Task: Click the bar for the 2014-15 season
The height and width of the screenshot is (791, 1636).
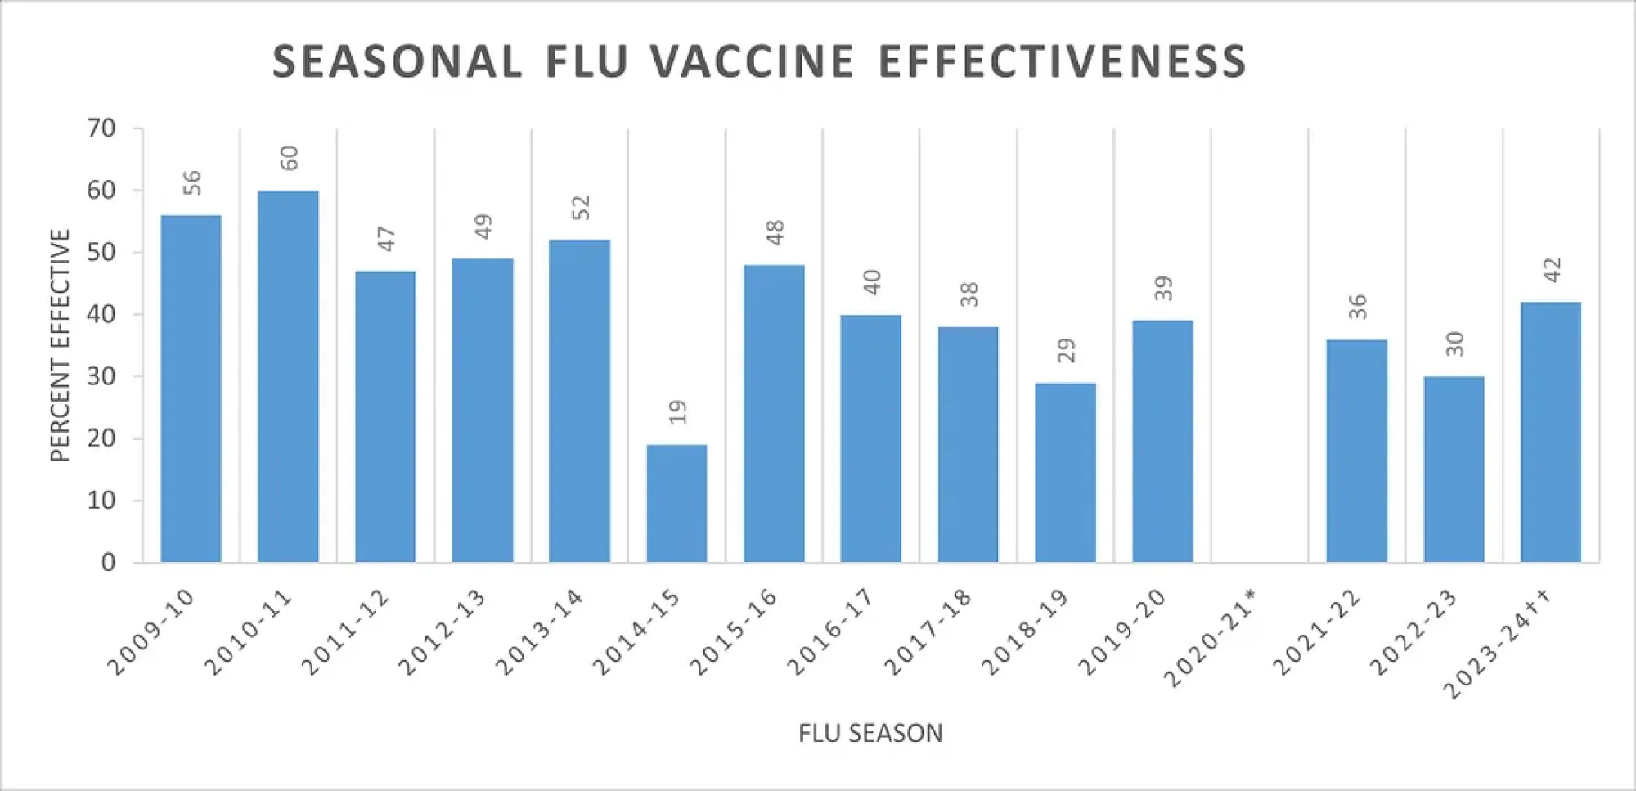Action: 676,503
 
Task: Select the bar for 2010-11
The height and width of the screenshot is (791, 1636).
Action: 288,376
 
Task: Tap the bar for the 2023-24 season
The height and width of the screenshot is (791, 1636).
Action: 1551,432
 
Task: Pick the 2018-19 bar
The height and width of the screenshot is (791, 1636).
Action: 1065,472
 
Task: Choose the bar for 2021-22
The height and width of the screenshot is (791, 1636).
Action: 1356,451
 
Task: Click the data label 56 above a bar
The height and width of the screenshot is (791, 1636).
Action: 191,182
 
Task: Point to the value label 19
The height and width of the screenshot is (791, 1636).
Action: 677,412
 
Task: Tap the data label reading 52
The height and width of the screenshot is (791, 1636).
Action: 580,208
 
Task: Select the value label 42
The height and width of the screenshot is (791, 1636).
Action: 1552,270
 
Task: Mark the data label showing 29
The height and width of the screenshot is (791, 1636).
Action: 1066,351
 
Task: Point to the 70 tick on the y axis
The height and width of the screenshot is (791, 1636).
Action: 101,128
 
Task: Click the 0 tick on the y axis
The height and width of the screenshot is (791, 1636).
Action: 108,563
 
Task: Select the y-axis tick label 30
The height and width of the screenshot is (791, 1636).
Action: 101,376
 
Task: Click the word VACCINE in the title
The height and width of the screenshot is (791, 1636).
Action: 753,62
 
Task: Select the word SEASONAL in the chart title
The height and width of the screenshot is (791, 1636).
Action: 398,62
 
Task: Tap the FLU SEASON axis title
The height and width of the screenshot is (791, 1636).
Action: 870,733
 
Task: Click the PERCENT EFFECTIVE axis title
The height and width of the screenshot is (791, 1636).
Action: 61,345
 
